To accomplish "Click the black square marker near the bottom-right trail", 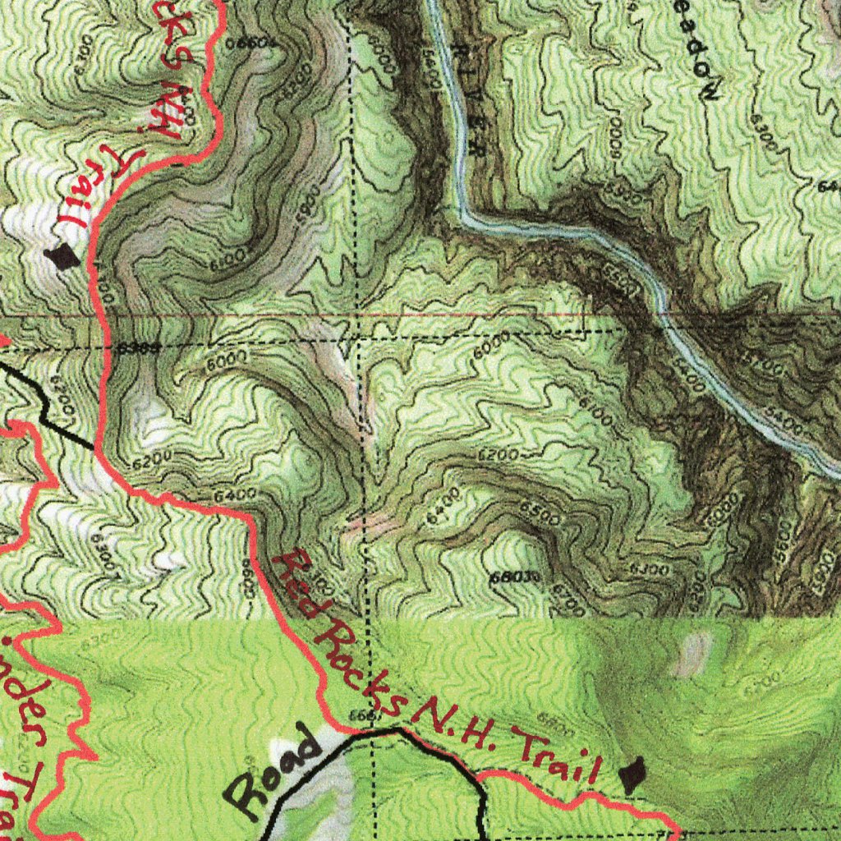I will [x=631, y=776].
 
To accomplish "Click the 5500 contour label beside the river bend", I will [x=622, y=279].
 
